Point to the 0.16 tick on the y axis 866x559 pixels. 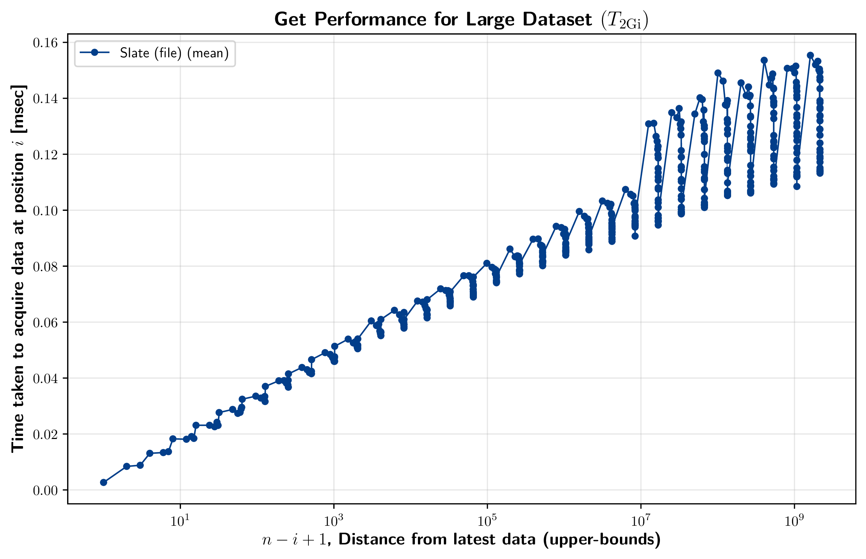45,43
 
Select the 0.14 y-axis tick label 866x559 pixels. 45,99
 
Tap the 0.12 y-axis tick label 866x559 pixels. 45,155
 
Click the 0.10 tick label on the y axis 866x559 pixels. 45,211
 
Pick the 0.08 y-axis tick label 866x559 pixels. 45,266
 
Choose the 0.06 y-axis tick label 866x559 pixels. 45,322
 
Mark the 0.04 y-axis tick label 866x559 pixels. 45,378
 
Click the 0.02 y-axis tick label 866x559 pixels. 45,434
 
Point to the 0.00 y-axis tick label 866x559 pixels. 45,491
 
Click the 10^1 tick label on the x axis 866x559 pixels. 180,520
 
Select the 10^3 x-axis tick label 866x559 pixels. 334,520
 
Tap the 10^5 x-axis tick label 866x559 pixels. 487,520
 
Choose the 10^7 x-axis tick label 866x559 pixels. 641,520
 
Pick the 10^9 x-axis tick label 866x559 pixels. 794,520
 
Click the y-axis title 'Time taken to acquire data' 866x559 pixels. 18,268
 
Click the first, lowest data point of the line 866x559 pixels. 103,482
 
